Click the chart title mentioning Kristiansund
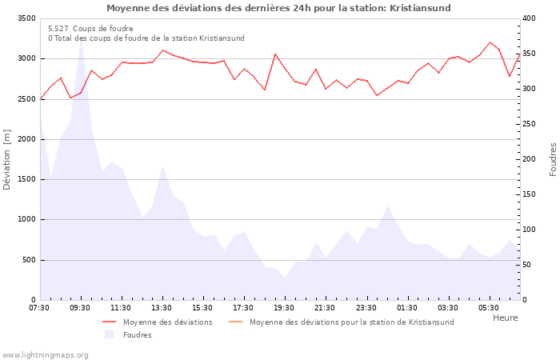coord(278,8)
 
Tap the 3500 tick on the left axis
coord(26,18)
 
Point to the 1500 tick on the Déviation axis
coord(26,179)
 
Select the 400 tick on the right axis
coord(529,18)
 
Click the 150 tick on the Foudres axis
coord(529,194)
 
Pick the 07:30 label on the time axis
coord(39,308)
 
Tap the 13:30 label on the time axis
coord(162,308)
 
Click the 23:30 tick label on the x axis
coord(366,308)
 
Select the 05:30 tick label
coord(488,308)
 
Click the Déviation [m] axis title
coord(8,159)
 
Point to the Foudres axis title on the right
coord(553,159)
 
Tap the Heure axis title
coord(505,318)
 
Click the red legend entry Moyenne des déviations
coord(167,322)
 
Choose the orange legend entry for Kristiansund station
coord(351,322)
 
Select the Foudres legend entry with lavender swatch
coord(137,335)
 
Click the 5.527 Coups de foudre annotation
coord(90,29)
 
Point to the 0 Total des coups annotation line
coord(146,38)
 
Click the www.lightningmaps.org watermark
coord(46,355)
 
